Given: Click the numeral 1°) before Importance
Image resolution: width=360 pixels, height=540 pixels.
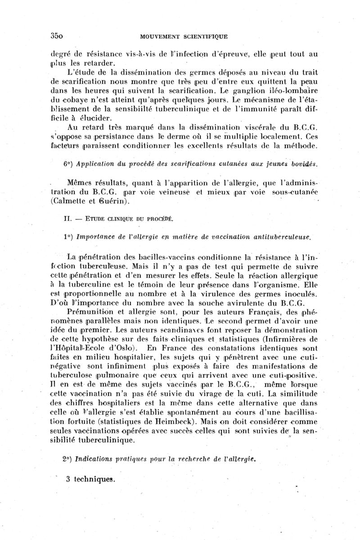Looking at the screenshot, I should point(68,237).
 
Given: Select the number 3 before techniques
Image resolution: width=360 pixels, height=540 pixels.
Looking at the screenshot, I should point(67,479).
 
